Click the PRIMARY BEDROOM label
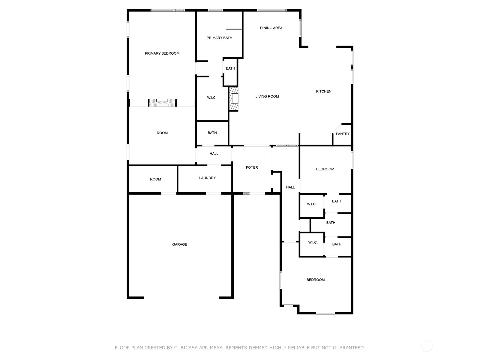pyautogui.click(x=162, y=53)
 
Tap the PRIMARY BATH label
pyautogui.click(x=219, y=38)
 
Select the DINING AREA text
pyautogui.click(x=271, y=28)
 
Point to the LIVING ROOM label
pyautogui.click(x=267, y=96)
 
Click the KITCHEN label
pyautogui.click(x=324, y=91)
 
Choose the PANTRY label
pyautogui.click(x=343, y=134)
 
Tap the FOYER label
pyautogui.click(x=252, y=167)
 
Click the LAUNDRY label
pyautogui.click(x=207, y=178)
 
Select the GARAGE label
pyautogui.click(x=179, y=244)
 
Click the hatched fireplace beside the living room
pyautogui.click(x=233, y=99)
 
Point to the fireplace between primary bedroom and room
pyautogui.click(x=162, y=103)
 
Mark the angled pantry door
pyautogui.click(x=337, y=128)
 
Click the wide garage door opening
pyautogui.click(x=181, y=298)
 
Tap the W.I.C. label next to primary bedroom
pyautogui.click(x=212, y=98)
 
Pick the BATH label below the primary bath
pyautogui.click(x=230, y=68)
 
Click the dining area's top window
pyautogui.click(x=271, y=10)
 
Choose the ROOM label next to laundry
pyautogui.click(x=155, y=179)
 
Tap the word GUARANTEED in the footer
pyautogui.click(x=349, y=347)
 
